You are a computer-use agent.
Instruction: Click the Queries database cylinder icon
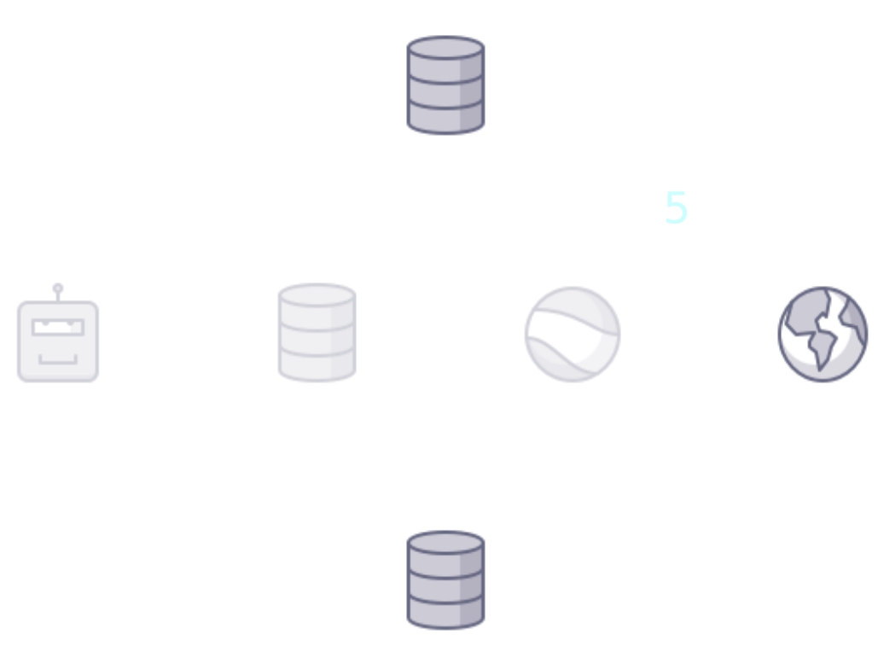click(445, 84)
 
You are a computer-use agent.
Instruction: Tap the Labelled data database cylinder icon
click(445, 580)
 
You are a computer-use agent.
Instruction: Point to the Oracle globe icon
click(823, 334)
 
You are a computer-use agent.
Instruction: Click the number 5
click(676, 209)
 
